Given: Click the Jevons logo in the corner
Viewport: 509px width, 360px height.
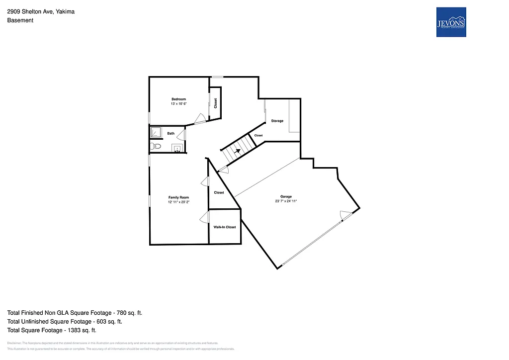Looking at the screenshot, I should (x=451, y=22).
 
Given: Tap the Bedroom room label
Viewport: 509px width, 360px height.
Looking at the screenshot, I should (x=178, y=99).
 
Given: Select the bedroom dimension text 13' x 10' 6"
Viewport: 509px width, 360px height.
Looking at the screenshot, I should (x=178, y=104).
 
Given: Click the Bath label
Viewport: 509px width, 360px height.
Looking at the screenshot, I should (x=170, y=133).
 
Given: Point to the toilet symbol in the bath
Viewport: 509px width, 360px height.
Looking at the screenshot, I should (x=156, y=146).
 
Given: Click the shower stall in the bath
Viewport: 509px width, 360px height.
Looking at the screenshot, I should (x=156, y=132).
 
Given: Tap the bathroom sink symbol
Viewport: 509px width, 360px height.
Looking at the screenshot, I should (x=176, y=148).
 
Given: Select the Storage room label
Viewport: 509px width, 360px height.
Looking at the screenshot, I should (x=277, y=121).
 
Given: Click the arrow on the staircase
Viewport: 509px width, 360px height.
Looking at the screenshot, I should (x=238, y=147).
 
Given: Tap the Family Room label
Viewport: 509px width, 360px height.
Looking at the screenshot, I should (x=178, y=197).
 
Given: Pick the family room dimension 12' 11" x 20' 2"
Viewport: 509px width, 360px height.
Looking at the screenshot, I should (x=178, y=202).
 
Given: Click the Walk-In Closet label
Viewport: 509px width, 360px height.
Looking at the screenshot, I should (x=225, y=227).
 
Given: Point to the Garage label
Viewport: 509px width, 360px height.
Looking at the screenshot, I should (x=286, y=196).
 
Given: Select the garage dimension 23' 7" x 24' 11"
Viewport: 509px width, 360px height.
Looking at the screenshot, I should (x=286, y=201).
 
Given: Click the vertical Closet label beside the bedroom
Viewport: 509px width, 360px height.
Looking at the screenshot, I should (x=216, y=103).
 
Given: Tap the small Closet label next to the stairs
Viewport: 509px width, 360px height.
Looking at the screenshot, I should (x=258, y=135).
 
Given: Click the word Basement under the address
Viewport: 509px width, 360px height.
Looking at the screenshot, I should (x=20, y=20).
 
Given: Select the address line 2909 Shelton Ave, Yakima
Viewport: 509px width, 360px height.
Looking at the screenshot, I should (x=41, y=11).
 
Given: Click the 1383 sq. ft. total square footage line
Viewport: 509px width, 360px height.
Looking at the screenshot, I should (x=52, y=330).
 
